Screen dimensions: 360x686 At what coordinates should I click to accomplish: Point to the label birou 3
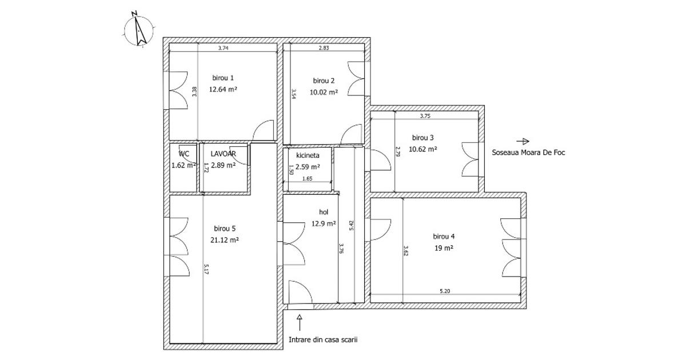[423, 138]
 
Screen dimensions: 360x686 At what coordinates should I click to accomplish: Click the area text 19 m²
[444, 248]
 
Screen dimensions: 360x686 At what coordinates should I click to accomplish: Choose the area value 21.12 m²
[224, 240]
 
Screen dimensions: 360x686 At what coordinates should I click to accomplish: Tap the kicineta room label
[304, 155]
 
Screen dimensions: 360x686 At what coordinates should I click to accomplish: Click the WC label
[184, 154]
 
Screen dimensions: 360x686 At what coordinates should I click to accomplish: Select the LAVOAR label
[223, 154]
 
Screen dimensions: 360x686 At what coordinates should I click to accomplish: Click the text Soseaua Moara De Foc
[529, 153]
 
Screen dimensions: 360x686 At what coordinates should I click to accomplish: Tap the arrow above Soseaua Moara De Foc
[523, 141]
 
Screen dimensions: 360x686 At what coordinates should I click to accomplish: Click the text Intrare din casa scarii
[323, 339]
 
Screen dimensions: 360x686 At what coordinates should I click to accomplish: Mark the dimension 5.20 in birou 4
[445, 291]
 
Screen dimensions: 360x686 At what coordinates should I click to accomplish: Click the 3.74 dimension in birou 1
[224, 49]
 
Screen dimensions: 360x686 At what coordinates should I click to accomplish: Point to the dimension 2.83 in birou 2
[324, 49]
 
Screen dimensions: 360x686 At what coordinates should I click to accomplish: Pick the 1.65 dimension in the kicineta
[307, 179]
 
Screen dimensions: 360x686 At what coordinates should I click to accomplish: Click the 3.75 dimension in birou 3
[425, 116]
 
